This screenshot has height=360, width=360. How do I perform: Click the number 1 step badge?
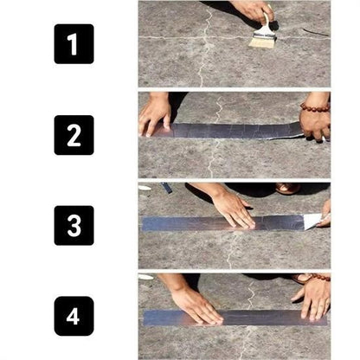pyautogui.click(x=74, y=43)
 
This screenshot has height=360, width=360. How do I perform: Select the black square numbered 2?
pyautogui.click(x=74, y=134)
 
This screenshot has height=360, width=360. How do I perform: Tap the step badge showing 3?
pyautogui.click(x=74, y=225)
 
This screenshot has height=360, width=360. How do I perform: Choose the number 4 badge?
pyautogui.click(x=74, y=316)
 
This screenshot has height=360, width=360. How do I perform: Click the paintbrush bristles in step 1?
pyautogui.click(x=262, y=40)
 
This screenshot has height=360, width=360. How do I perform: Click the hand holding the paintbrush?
pyautogui.click(x=252, y=10)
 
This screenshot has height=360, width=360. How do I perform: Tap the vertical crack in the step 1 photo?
pyautogui.click(x=201, y=65)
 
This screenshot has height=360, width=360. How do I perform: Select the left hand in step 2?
pyautogui.click(x=156, y=112)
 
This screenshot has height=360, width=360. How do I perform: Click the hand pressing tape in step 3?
pyautogui.click(x=232, y=208)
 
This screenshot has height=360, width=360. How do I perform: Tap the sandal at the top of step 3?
pyautogui.click(x=288, y=188)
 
